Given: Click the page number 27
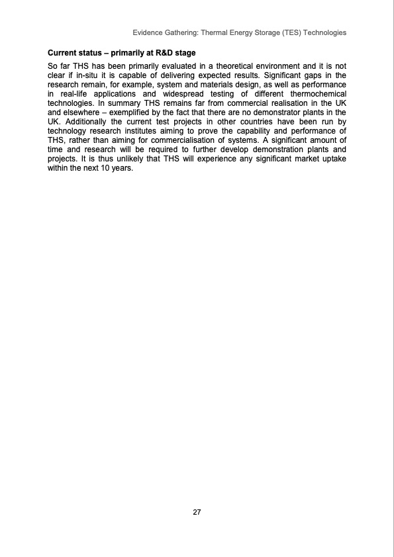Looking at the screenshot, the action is pos(197,512).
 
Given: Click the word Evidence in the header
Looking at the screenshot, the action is pos(150,32).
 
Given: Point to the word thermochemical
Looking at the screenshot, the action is pos(317,94).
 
